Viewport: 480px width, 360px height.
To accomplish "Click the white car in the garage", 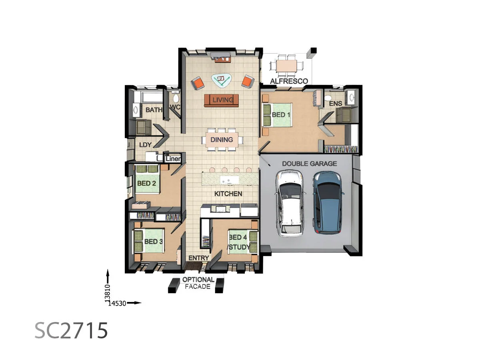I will pyautogui.click(x=291, y=203).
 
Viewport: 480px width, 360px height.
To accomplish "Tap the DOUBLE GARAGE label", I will pyautogui.click(x=309, y=164).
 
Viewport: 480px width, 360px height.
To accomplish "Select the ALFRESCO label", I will pyautogui.click(x=289, y=81).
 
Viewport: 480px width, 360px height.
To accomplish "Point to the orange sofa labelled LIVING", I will pyautogui.click(x=221, y=100).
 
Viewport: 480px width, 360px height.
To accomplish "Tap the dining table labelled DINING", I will pyautogui.click(x=222, y=140).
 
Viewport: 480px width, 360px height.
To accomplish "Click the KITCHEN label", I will pyautogui.click(x=228, y=194).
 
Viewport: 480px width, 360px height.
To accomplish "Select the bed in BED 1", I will pyautogui.click(x=277, y=115).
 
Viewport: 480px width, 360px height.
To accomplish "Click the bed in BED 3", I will pyautogui.click(x=148, y=241).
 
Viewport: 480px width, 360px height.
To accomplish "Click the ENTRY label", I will pyautogui.click(x=198, y=258).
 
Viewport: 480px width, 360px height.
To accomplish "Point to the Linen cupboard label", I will pyautogui.click(x=173, y=159).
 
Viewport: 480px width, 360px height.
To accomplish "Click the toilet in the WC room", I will pyautogui.click(x=175, y=98).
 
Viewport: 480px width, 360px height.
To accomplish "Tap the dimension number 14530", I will pyautogui.click(x=116, y=303).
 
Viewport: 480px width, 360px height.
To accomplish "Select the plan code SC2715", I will pyautogui.click(x=71, y=330).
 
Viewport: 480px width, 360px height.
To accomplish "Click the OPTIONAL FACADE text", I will pyautogui.click(x=198, y=283).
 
